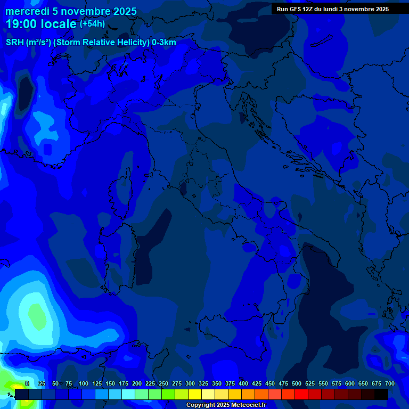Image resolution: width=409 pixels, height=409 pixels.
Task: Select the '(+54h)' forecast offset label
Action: (x=92, y=24)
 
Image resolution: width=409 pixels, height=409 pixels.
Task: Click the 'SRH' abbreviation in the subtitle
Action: (x=14, y=43)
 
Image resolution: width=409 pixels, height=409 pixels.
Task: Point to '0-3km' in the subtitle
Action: (x=164, y=43)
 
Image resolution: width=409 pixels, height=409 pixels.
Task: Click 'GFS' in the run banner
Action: (x=295, y=9)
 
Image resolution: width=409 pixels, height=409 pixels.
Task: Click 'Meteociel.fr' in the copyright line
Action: (x=244, y=405)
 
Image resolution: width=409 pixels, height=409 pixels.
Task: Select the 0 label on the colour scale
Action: (x=27, y=384)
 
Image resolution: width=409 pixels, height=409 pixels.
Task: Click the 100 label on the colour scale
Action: (x=83, y=384)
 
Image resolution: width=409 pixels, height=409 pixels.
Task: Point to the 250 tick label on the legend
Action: (x=163, y=384)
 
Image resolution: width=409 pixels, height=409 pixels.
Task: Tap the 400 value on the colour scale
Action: (x=243, y=384)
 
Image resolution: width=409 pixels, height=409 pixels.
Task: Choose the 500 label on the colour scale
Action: (x=296, y=384)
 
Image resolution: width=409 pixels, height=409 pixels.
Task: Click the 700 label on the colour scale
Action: (x=389, y=384)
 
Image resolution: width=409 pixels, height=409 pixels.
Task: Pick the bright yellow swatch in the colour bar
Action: (x=195, y=394)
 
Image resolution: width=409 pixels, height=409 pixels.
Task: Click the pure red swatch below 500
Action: (x=301, y=394)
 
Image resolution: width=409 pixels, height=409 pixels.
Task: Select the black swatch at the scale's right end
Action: (x=381, y=394)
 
